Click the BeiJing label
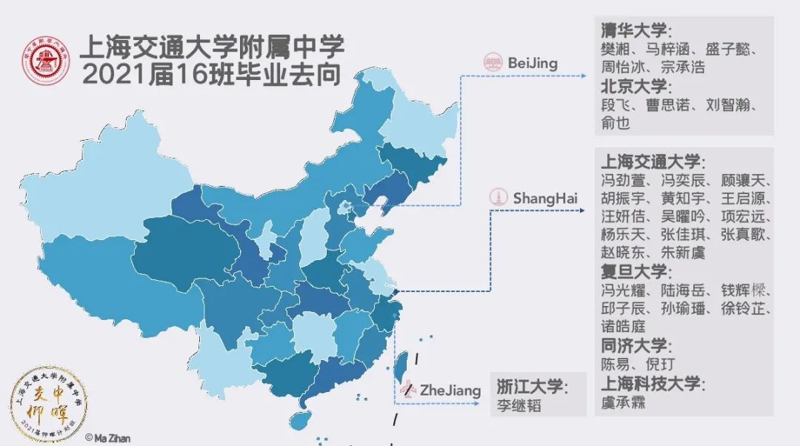click(x=533, y=63)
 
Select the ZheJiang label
click(x=450, y=390)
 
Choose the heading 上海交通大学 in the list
click(x=652, y=162)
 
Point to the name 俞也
click(x=615, y=123)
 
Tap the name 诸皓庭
click(x=623, y=326)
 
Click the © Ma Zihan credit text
click(x=107, y=438)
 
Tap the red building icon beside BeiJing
click(x=493, y=63)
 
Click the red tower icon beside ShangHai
click(x=500, y=198)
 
